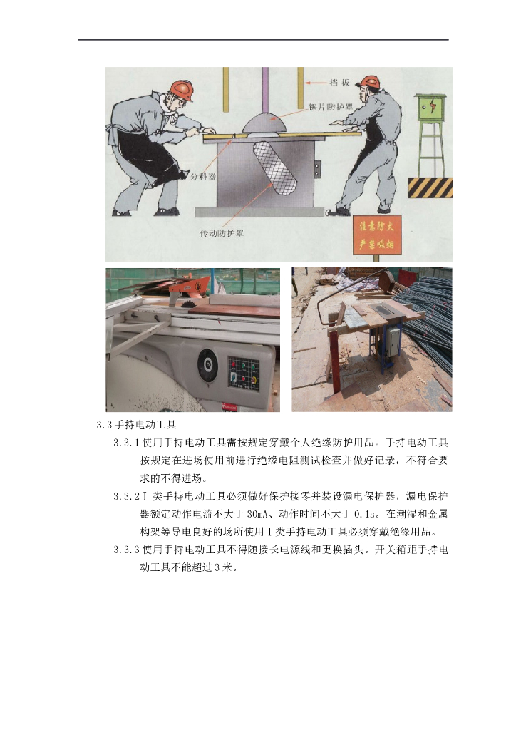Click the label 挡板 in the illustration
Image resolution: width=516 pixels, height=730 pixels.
tap(339, 83)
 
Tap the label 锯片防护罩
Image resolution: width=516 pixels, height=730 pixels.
tap(331, 107)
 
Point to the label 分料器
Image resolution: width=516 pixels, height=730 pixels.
tap(203, 177)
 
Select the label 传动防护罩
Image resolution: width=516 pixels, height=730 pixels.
tap(222, 233)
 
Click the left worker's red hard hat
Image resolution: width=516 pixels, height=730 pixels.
tap(182, 89)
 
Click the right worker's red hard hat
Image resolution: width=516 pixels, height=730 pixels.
tap(370, 82)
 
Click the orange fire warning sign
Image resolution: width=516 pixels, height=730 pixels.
tap(377, 235)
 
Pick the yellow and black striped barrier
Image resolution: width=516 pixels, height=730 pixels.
tap(430, 187)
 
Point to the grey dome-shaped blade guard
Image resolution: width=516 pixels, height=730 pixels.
tap(264, 124)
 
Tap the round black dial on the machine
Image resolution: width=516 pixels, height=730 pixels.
tap(207, 365)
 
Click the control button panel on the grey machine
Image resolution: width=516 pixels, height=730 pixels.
tap(243, 372)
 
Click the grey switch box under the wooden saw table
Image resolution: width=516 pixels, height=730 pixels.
tap(393, 341)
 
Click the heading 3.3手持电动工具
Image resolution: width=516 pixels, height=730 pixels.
tap(136, 425)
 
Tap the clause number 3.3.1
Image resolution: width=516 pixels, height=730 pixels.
tap(127, 443)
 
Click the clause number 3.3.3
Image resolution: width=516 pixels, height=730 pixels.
tap(127, 550)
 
